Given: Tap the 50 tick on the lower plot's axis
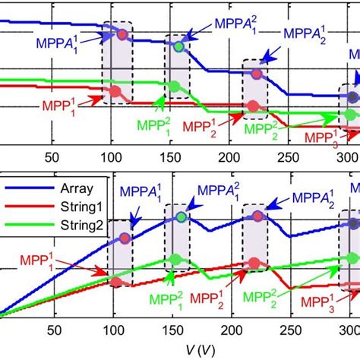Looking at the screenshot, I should [53, 330].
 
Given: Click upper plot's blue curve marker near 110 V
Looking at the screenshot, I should [122, 34].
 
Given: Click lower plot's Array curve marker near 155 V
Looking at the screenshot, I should [180, 216].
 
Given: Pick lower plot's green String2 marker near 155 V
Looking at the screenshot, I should [177, 259].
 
